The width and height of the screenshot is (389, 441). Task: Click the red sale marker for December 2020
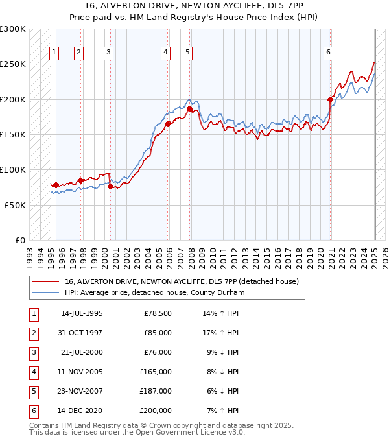[330, 100]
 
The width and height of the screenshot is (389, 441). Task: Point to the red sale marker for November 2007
[190, 109]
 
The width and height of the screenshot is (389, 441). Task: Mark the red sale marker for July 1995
[56, 185]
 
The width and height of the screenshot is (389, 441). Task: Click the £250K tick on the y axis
[14, 64]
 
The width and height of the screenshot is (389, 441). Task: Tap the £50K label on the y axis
[16, 205]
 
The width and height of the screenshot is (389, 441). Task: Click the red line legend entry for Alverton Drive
[182, 281]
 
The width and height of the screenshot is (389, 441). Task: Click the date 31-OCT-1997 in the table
[82, 333]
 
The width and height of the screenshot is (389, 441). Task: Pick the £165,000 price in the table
[155, 372]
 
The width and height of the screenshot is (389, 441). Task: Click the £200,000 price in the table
[155, 411]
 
